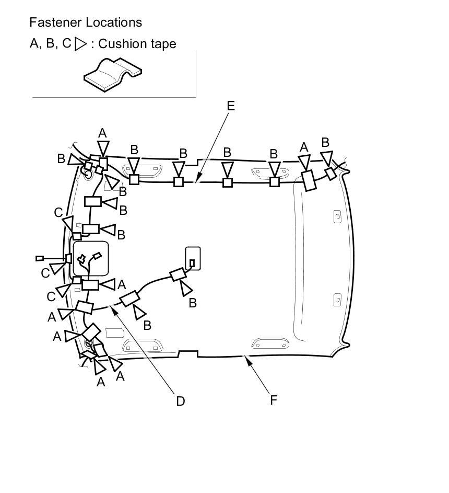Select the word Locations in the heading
[114, 22]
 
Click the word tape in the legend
[163, 44]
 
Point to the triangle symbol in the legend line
[80, 44]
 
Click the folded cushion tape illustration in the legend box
[113, 74]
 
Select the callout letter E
[231, 106]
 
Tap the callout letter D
[181, 401]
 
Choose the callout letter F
[274, 400]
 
